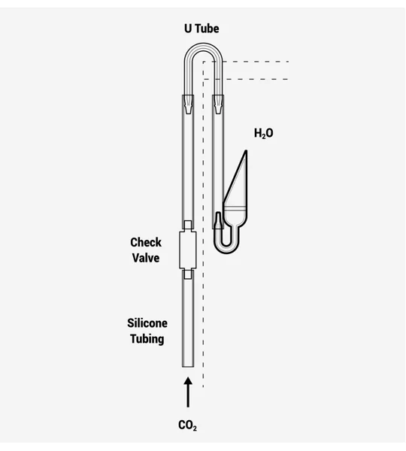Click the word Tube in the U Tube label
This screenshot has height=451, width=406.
pyautogui.click(x=207, y=29)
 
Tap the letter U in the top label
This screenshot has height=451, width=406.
pyautogui.click(x=188, y=29)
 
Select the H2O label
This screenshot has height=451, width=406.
pyautogui.click(x=264, y=134)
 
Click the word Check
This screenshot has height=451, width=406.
pyautogui.click(x=146, y=242)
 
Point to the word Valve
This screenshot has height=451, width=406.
pyautogui.click(x=146, y=258)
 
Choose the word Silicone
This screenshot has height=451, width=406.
pyautogui.click(x=147, y=323)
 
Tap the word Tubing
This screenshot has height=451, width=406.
pyautogui.click(x=147, y=339)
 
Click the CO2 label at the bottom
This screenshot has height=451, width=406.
pyautogui.click(x=188, y=425)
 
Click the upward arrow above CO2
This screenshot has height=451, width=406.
pyautogui.click(x=188, y=392)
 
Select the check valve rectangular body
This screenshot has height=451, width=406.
pyautogui.click(x=188, y=250)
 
